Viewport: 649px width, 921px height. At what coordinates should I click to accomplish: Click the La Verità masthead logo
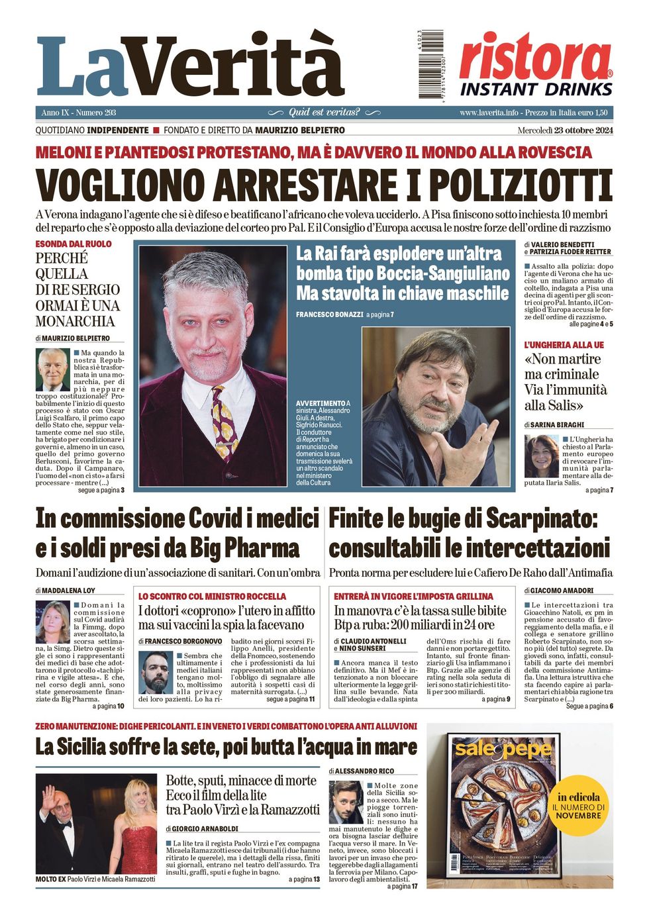[190, 66]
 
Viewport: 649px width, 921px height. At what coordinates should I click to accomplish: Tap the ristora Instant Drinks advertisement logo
[536, 65]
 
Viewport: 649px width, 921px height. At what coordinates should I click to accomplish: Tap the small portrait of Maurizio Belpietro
[53, 369]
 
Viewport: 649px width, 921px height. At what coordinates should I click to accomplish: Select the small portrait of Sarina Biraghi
[541, 456]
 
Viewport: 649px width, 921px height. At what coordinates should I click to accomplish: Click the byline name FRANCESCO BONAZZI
[329, 315]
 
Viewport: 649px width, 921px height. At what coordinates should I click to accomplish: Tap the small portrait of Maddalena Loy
[52, 622]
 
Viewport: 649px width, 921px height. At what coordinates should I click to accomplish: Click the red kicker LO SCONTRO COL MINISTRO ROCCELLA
[212, 596]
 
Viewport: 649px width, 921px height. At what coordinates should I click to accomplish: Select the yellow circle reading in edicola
[578, 806]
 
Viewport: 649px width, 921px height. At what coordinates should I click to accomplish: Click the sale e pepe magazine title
[502, 749]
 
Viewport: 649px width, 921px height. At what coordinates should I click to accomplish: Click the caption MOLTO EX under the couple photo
[50, 879]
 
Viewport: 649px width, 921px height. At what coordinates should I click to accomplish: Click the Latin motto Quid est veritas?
[324, 113]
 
